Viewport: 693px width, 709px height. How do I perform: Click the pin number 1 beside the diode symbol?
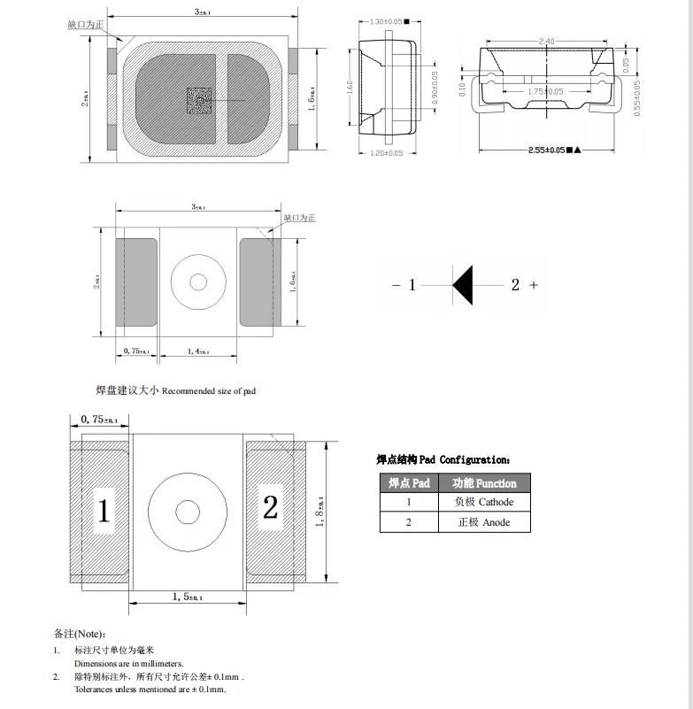click(x=412, y=285)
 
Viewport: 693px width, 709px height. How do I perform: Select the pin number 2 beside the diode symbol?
click(x=515, y=285)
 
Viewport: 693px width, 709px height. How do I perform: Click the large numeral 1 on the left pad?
click(x=104, y=512)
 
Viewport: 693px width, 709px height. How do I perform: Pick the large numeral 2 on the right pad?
click(x=271, y=508)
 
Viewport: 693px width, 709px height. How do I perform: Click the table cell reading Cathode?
click(x=483, y=502)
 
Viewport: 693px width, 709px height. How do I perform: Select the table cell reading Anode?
click(x=483, y=522)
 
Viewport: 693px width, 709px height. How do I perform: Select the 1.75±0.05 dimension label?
click(x=545, y=91)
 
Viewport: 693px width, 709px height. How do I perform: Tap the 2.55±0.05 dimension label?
click(x=544, y=150)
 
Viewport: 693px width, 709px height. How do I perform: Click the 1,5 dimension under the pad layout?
click(x=187, y=598)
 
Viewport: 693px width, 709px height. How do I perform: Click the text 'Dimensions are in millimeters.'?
click(x=128, y=663)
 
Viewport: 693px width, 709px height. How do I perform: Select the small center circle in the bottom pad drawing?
click(x=188, y=512)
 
